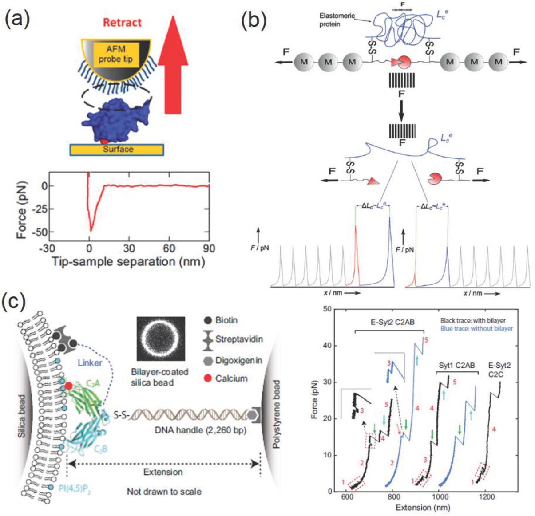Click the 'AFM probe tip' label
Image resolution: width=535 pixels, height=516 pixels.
pyautogui.click(x=115, y=54)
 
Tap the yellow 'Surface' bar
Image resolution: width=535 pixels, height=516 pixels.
pyautogui.click(x=117, y=150)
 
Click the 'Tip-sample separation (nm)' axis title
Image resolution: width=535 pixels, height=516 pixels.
pyautogui.click(x=129, y=261)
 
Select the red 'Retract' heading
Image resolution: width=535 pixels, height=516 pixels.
pyautogui.click(x=122, y=22)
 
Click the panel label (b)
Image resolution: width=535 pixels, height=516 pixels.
pyautogui.click(x=254, y=20)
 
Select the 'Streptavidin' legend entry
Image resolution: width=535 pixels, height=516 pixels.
pyautogui.click(x=238, y=339)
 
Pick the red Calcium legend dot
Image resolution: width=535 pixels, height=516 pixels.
pyautogui.click(x=207, y=378)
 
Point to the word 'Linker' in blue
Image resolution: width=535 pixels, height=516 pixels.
pyautogui.click(x=90, y=362)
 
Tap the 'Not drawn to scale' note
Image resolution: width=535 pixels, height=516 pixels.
pyautogui.click(x=164, y=491)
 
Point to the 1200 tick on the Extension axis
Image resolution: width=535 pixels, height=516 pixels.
pyautogui.click(x=487, y=497)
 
